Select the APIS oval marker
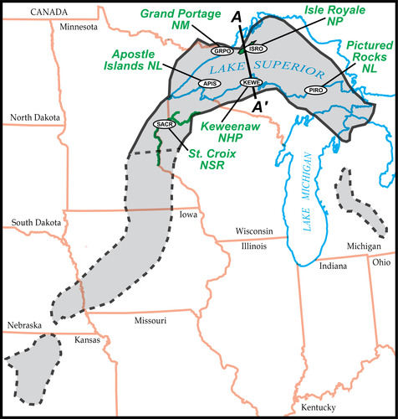click(208, 83)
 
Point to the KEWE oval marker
click(251, 82)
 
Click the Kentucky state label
click(316, 407)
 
